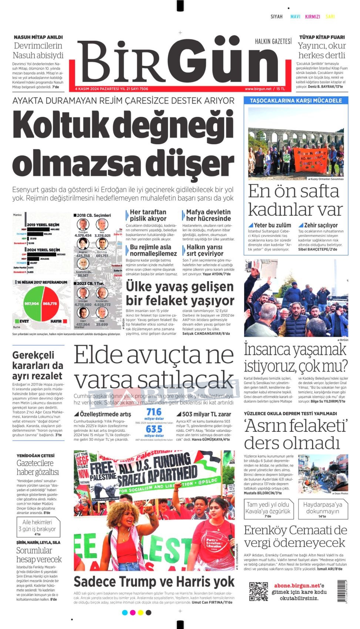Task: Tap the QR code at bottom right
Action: (x=258, y=591)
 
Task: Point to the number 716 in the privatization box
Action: (x=154, y=412)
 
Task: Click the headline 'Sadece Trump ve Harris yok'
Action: (x=154, y=582)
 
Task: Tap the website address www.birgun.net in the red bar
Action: (x=258, y=89)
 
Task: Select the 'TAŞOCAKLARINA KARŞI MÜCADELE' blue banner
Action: (x=296, y=101)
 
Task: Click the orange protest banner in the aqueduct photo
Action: (x=310, y=159)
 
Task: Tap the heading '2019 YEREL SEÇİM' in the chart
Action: (x=43, y=225)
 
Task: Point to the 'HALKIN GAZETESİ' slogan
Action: (x=273, y=41)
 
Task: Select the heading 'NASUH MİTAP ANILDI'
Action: (x=38, y=37)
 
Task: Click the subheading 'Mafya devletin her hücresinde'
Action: (x=208, y=215)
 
